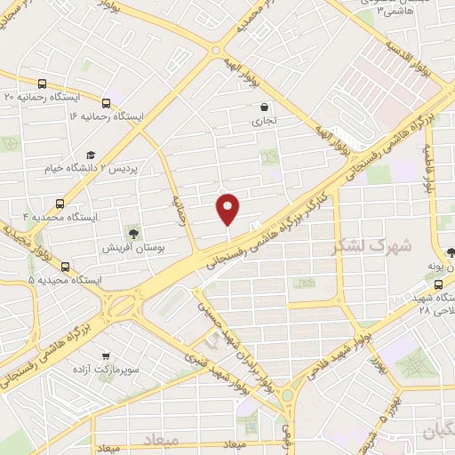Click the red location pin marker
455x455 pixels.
[x=228, y=209]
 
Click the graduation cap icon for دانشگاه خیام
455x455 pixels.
[x=92, y=154]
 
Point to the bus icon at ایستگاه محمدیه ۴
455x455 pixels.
[x=60, y=204]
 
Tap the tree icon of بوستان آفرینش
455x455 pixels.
[x=133, y=233]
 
